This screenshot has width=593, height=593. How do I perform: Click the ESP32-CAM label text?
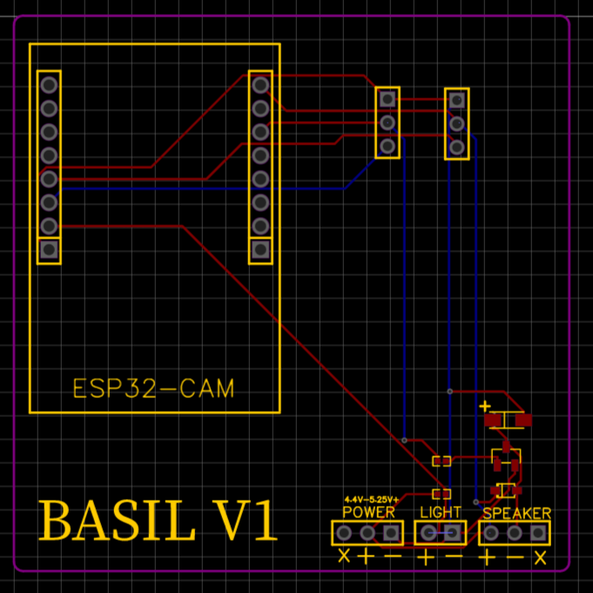153,388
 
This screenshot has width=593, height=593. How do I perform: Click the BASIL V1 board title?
158,520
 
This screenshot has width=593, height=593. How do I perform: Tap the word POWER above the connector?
368,512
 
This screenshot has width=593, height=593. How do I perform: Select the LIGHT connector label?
441,512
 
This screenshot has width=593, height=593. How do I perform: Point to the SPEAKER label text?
517,513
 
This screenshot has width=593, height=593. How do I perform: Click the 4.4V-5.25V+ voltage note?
371,500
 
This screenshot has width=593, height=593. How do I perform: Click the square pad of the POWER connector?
391,533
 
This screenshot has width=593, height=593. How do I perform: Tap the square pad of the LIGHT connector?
452,533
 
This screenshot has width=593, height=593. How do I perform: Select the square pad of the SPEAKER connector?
538,533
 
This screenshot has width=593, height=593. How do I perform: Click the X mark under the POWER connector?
344,556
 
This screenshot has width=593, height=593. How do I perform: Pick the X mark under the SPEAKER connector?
541,557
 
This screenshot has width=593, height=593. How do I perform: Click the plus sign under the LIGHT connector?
426,557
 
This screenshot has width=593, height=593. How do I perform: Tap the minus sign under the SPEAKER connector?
515,557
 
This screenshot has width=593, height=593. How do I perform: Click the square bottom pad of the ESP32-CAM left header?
49,250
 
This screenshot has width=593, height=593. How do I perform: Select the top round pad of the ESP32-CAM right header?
260,84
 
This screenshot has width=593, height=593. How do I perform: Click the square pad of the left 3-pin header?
387,99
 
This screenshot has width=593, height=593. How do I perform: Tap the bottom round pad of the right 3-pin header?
457,147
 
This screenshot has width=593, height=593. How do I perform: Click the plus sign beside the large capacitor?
485,407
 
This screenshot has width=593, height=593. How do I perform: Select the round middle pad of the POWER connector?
367,533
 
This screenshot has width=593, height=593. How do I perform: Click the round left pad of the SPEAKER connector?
490,533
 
